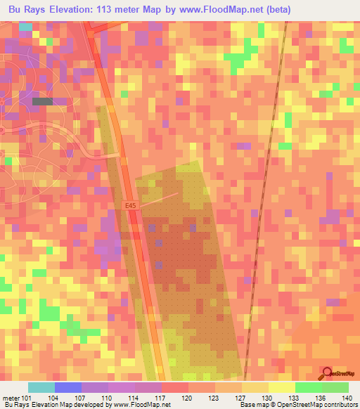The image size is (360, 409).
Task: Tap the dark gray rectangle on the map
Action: click(x=42, y=102)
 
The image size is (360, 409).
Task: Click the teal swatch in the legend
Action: click(x=41, y=387)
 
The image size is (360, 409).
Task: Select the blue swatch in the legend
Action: click(x=68, y=387)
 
